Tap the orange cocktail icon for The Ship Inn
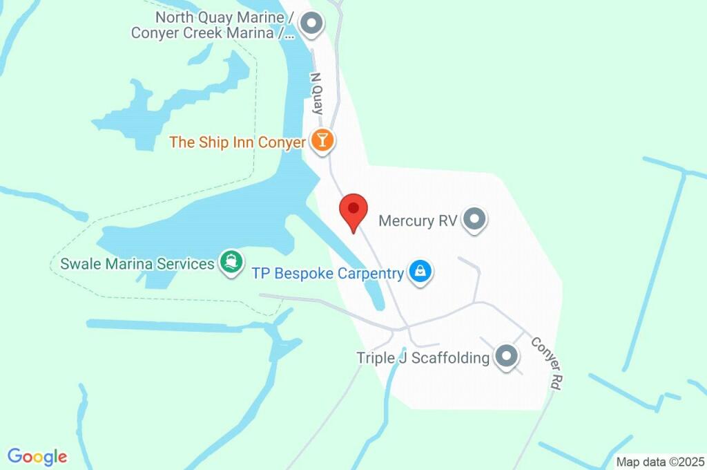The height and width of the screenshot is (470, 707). (322, 140)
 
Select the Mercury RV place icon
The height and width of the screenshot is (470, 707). (474, 220)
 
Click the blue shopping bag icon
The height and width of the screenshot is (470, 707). (420, 272)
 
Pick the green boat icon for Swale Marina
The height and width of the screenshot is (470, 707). (230, 261)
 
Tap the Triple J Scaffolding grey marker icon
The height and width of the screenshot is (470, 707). (507, 357)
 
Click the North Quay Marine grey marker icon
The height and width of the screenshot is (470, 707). (313, 24)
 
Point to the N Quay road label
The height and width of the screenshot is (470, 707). (317, 93)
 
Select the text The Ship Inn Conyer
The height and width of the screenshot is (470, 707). (238, 142)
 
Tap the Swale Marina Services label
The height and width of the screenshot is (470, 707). (137, 263)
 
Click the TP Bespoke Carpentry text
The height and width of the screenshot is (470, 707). (327, 274)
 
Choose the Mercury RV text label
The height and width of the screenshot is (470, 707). (418, 221)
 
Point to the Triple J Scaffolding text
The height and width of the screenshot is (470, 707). (423, 358)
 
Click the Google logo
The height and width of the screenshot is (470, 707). (37, 456)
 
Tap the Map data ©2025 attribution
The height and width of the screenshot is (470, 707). (661, 462)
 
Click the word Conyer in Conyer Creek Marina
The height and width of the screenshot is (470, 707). (154, 32)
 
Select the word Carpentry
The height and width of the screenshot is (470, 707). (370, 274)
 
